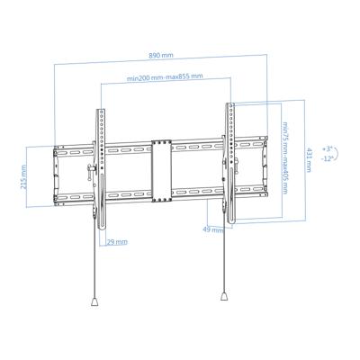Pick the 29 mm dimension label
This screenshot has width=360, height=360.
point(116,242)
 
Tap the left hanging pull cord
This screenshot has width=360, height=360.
point(94,261)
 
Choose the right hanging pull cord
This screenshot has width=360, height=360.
point(223,256)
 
